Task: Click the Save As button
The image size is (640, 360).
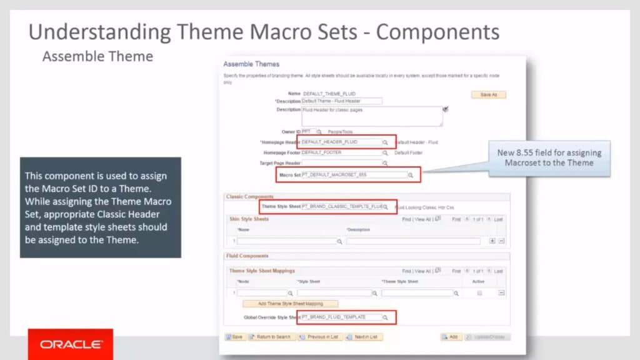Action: coord(488,94)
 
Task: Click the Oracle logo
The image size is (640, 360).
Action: coord(71,344)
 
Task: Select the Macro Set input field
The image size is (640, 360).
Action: coord(354,175)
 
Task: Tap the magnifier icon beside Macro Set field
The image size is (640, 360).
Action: coord(411,176)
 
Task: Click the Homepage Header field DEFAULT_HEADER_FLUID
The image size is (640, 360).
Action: coord(341,142)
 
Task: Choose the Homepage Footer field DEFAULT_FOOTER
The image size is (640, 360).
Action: coord(341,152)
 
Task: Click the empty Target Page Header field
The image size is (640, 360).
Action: coord(341,162)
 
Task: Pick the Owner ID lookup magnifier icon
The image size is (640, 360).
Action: coord(319,132)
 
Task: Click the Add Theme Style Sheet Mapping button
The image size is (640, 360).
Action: coord(290,304)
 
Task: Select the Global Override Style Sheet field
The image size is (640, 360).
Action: coord(341,317)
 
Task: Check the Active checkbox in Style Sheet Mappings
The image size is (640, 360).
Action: coord(479,292)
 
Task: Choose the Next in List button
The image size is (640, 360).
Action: coord(365,337)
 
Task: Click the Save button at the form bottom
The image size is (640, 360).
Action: coord(234,337)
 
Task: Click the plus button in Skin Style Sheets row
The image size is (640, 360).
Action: coord(492,241)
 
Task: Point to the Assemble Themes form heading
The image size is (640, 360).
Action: coord(251,64)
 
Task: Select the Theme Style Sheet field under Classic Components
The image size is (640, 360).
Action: coord(341,206)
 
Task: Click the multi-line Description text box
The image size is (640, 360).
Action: coord(372,116)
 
